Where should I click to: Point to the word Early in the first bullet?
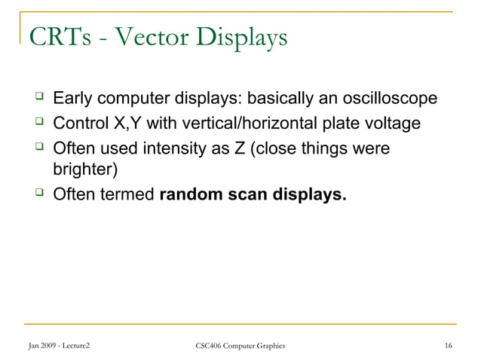(x=72, y=99)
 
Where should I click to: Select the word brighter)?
(x=84, y=170)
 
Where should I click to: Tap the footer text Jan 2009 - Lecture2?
(x=60, y=346)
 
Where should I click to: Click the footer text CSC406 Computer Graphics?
(x=240, y=346)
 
